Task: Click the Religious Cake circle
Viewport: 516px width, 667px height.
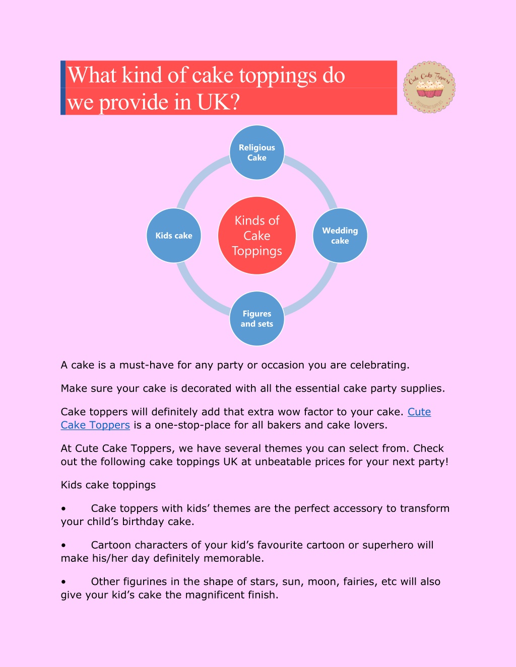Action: pyautogui.click(x=257, y=152)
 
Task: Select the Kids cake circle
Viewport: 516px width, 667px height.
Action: pyautogui.click(x=174, y=236)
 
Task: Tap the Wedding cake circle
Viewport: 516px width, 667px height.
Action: pyautogui.click(x=340, y=236)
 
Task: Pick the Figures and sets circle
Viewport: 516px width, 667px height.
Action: pyautogui.click(x=257, y=319)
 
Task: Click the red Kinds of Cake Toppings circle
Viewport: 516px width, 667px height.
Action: pyautogui.click(x=257, y=236)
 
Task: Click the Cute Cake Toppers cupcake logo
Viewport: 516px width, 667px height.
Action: pyautogui.click(x=429, y=87)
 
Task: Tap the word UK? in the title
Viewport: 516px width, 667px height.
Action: pyautogui.click(x=218, y=102)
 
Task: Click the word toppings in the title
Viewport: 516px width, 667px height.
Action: pyautogui.click(x=278, y=76)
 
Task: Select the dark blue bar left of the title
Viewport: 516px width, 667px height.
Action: pyautogui.click(x=63, y=88)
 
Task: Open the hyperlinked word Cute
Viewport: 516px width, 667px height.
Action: pyautogui.click(x=419, y=412)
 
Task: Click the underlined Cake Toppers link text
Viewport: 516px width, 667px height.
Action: pyautogui.click(x=95, y=425)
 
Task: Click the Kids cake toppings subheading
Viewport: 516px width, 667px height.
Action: pyautogui.click(x=108, y=485)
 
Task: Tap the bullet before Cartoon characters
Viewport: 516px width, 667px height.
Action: pyautogui.click(x=63, y=546)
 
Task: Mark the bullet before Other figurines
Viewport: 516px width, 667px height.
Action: pyautogui.click(x=63, y=582)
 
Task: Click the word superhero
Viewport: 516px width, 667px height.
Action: pyautogui.click(x=388, y=545)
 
